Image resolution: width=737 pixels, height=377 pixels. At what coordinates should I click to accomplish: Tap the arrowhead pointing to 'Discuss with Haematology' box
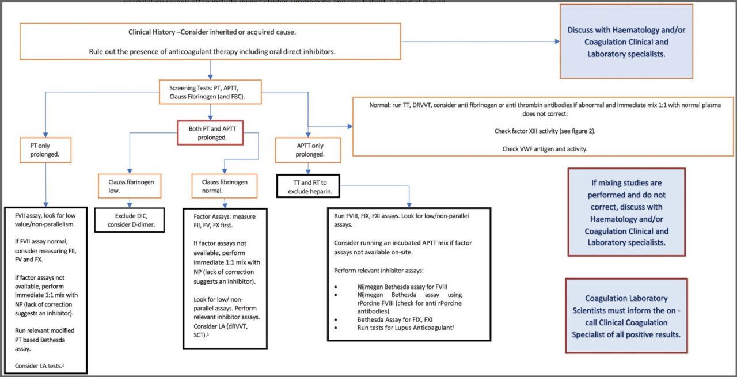click(556, 41)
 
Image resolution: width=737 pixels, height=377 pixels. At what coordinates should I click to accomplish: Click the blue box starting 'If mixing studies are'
click(626, 212)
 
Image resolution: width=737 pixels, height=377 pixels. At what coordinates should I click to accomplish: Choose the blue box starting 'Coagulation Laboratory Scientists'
click(626, 316)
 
